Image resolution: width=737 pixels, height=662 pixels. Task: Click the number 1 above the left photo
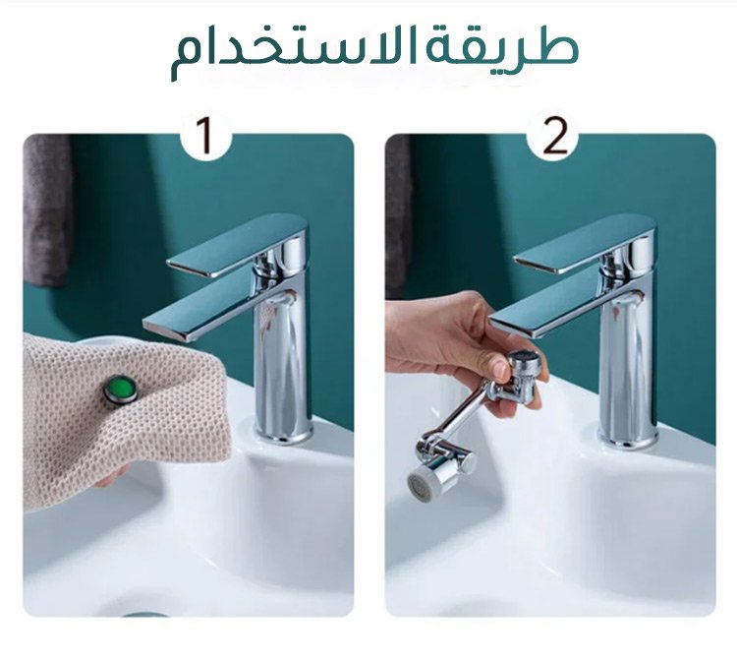[205, 136]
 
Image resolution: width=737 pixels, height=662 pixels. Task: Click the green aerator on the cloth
[121, 390]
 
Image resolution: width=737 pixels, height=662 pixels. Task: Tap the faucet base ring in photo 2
[629, 439]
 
